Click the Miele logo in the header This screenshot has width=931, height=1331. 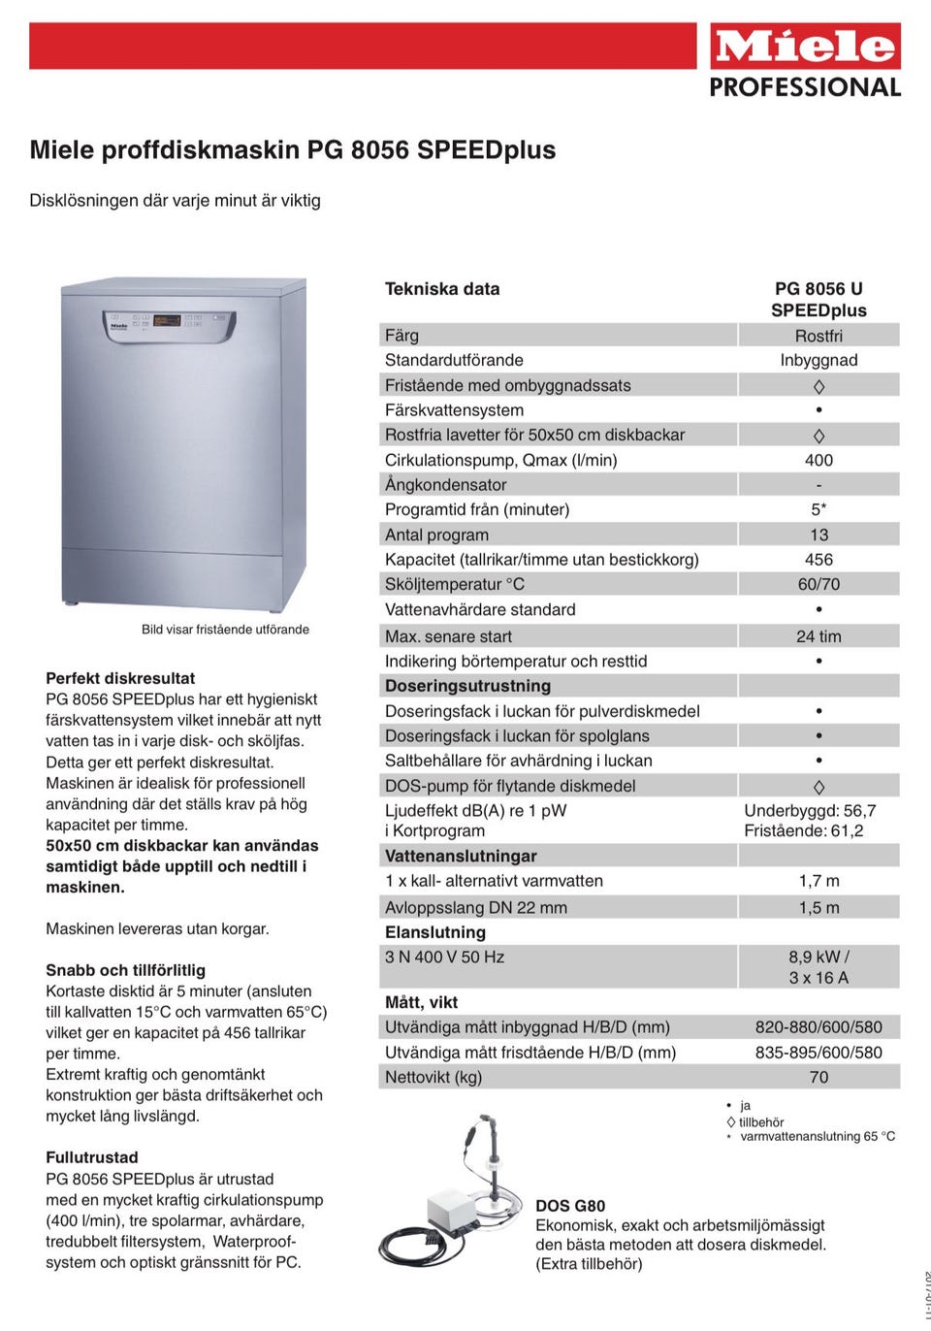tap(805, 47)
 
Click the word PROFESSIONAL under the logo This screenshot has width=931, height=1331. tap(805, 87)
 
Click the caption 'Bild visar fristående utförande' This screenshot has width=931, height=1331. tap(225, 630)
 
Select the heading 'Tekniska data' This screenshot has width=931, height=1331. tap(442, 289)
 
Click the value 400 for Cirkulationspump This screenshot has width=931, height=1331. tap(819, 461)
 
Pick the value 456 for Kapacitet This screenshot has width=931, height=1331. tap(819, 560)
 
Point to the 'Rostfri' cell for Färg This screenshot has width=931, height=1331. tap(819, 337)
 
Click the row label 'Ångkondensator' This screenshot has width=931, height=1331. tap(445, 485)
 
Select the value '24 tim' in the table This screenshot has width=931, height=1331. tap(819, 636)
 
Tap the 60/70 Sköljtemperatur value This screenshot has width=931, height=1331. tap(819, 585)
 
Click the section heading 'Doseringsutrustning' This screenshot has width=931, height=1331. tap(467, 686)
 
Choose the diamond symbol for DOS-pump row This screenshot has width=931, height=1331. tap(819, 787)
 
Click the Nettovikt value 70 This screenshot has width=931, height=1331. tap(819, 1078)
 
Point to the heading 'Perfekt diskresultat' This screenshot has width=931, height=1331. tap(120, 678)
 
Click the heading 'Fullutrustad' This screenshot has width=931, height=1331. tap(92, 1157)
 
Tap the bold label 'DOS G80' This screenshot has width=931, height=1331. tap(570, 1206)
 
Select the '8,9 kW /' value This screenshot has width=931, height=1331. tap(819, 957)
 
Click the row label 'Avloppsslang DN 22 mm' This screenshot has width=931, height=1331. tap(476, 908)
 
